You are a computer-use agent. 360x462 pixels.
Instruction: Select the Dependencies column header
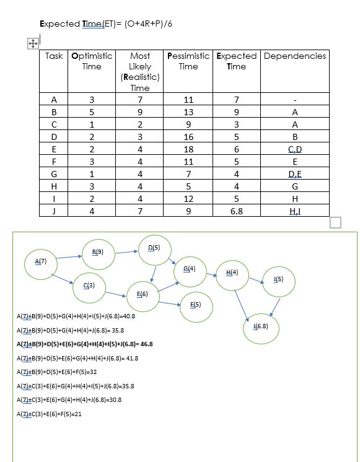click(294, 56)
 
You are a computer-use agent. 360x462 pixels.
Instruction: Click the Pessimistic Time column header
click(188, 61)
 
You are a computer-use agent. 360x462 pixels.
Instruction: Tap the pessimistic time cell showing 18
click(188, 149)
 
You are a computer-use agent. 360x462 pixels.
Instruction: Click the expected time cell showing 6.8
click(236, 211)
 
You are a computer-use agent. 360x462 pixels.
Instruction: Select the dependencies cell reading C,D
click(294, 149)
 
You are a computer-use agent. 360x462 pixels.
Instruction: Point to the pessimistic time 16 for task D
click(188, 137)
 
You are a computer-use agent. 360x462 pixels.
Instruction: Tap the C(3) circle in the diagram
click(88, 285)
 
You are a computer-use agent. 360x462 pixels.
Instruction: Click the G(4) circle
click(190, 269)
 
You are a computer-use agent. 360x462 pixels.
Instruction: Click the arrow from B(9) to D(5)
click(127, 251)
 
